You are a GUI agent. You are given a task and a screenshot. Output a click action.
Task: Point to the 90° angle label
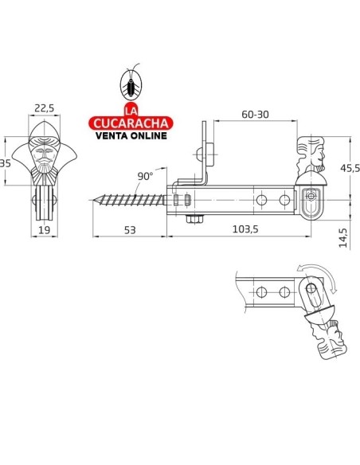(145, 177)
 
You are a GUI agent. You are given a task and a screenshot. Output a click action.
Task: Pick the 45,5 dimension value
(350, 168)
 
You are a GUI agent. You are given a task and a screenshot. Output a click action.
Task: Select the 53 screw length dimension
(130, 230)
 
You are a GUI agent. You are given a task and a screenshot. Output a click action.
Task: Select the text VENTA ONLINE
(131, 136)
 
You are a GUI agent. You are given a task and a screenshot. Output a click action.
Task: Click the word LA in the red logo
(131, 110)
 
